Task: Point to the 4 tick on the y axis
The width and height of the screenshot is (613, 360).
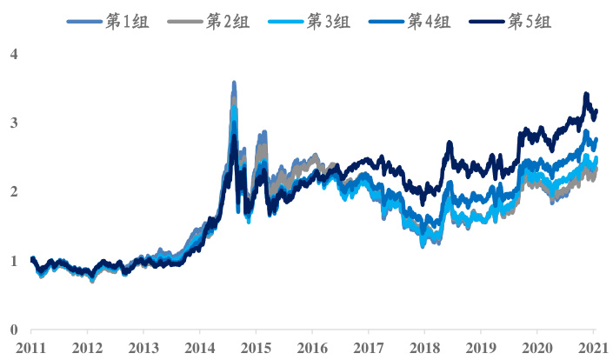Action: pyautogui.click(x=13, y=55)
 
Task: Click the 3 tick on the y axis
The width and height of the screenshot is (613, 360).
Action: pyautogui.click(x=13, y=123)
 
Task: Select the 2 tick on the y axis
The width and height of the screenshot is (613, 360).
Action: pyautogui.click(x=13, y=192)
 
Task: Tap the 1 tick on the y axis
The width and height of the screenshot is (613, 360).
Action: pyautogui.click(x=13, y=261)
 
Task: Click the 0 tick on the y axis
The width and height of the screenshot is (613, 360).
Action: pyautogui.click(x=13, y=330)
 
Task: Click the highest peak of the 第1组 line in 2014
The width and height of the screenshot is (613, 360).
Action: pyautogui.click(x=234, y=83)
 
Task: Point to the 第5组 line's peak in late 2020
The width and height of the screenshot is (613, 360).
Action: pyautogui.click(x=586, y=94)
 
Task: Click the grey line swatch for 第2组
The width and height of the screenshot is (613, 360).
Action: pyautogui.click(x=185, y=21)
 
